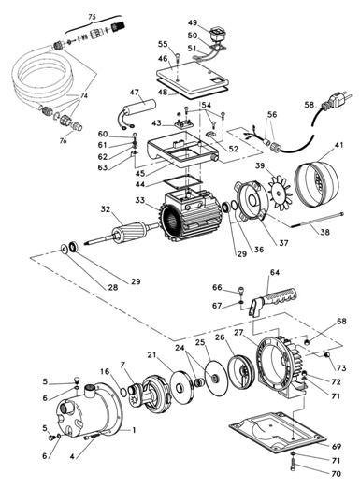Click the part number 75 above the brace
92,17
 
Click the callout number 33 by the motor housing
139,200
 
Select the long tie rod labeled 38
317,220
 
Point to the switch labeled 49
219,34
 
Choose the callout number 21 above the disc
151,355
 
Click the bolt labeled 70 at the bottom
294,471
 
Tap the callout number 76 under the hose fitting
63,141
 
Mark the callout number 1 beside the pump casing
134,430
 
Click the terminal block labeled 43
184,124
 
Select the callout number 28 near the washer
113,287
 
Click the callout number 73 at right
341,368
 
